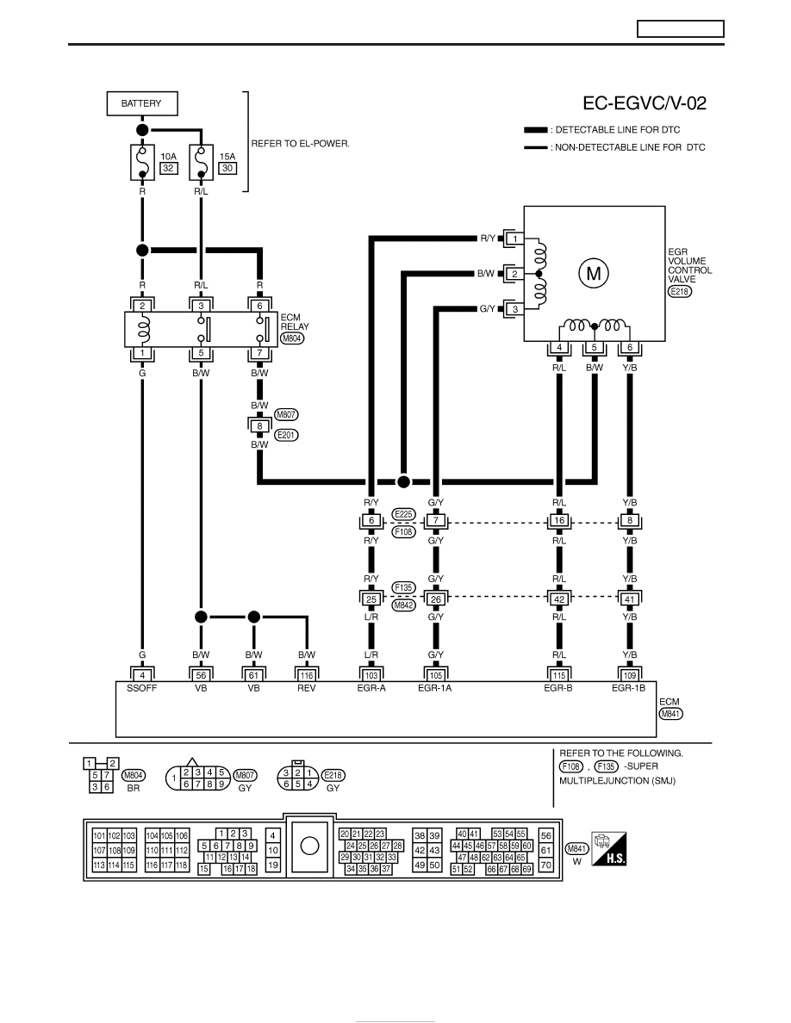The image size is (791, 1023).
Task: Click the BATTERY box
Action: click(142, 103)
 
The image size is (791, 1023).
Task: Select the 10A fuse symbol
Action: click(142, 162)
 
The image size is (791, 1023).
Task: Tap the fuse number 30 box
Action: click(227, 168)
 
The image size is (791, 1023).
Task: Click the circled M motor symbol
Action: click(593, 273)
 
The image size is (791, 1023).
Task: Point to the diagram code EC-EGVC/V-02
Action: click(645, 103)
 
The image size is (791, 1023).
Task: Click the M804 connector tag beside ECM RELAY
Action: click(292, 338)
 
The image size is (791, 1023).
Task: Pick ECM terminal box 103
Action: click(371, 675)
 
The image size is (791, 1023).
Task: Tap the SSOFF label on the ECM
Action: click(141, 688)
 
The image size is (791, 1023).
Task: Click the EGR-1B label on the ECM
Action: click(628, 688)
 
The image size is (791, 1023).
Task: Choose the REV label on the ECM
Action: click(306, 688)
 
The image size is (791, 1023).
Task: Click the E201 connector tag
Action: click(286, 435)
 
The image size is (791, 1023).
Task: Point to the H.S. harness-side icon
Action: click(608, 849)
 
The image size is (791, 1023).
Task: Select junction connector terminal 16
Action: click(559, 521)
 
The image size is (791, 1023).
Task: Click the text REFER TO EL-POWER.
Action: click(300, 144)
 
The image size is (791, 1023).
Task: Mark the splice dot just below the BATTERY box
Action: click(142, 129)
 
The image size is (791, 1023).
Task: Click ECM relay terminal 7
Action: click(259, 353)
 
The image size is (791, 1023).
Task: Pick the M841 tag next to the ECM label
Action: click(671, 714)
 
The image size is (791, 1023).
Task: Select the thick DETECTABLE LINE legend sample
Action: click(536, 130)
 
